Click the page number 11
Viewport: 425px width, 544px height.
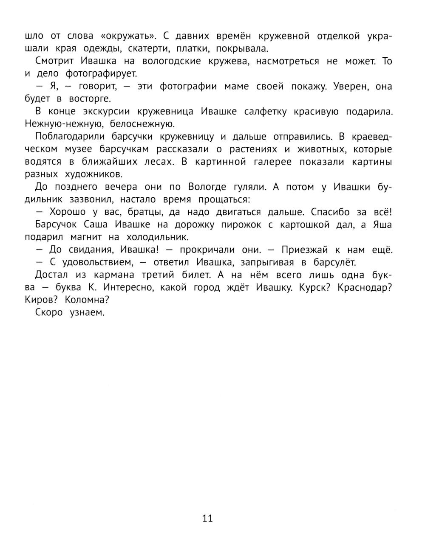[207, 518]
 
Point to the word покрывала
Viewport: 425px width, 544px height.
[243, 48]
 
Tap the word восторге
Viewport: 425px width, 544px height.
[84, 99]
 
